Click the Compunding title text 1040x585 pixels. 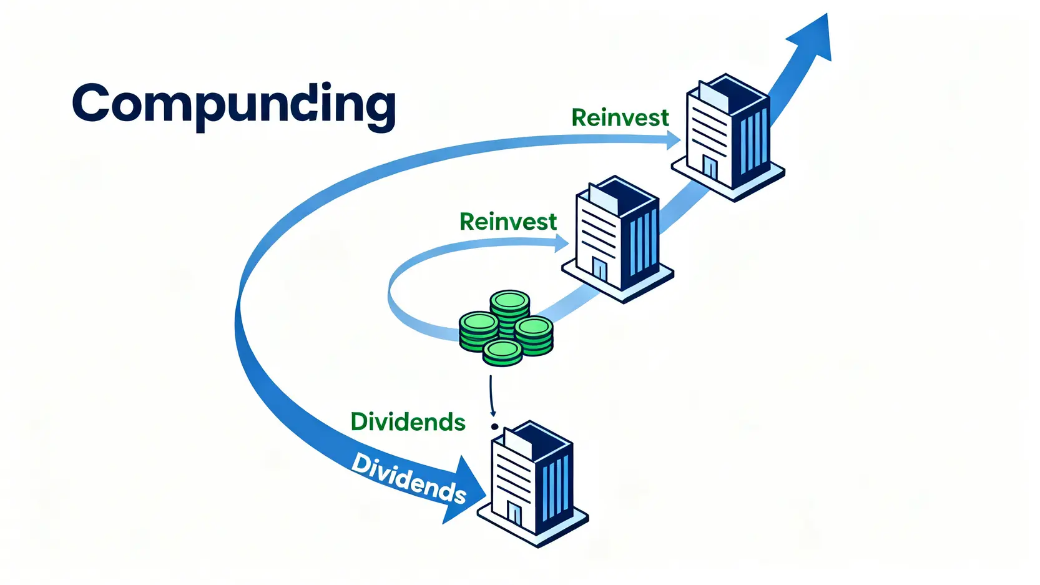[x=233, y=104]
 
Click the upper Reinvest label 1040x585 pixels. [x=619, y=118]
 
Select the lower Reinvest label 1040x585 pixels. [x=508, y=222]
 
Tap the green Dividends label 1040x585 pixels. [x=408, y=422]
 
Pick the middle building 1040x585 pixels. [x=617, y=237]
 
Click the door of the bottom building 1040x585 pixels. [x=514, y=513]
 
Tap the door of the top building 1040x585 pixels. [x=710, y=167]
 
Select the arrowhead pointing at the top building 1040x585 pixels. [x=674, y=140]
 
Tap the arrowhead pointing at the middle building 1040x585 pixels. [x=561, y=243]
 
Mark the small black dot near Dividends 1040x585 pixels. [x=494, y=427]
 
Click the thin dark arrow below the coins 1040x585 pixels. [x=492, y=395]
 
